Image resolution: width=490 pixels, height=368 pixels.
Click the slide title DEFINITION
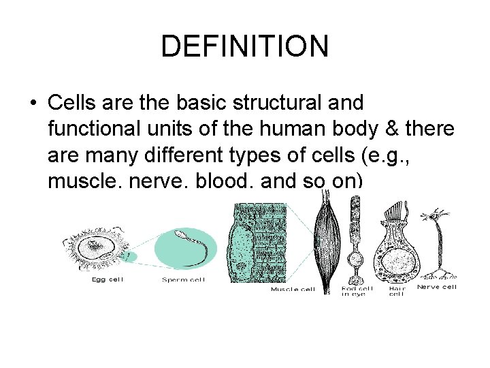(245, 46)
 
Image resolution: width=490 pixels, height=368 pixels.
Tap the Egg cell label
(108, 279)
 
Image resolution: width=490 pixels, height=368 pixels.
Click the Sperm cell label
(184, 279)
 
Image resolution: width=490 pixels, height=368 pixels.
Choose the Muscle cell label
(293, 289)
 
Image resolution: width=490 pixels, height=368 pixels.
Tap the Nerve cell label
(437, 287)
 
